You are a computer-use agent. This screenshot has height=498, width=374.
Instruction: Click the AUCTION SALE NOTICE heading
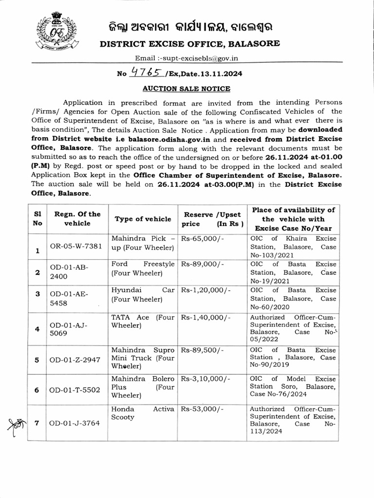pos(186,89)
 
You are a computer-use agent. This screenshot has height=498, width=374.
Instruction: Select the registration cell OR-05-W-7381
pos(76,246)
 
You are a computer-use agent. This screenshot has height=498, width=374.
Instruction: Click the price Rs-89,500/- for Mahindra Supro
pos(202,350)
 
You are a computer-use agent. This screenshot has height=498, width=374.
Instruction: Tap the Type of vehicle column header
pos(143,219)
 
